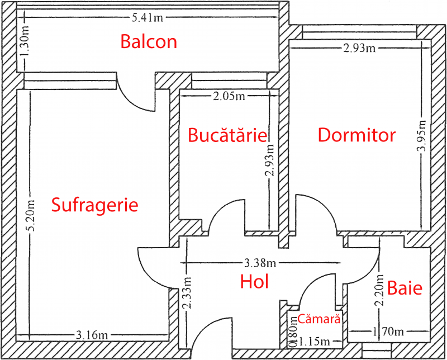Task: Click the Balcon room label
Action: tap(149, 42)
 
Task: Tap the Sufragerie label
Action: tap(94, 205)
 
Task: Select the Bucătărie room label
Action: tap(227, 135)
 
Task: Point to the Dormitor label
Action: tap(356, 135)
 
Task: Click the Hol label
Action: tap(254, 282)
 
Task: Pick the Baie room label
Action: tap(405, 288)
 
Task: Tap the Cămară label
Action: tap(319, 319)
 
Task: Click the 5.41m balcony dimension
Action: tap(148, 18)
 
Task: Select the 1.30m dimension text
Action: tap(25, 41)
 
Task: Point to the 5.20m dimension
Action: tap(31, 216)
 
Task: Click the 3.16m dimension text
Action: tap(92, 335)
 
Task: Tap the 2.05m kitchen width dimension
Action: tap(229, 96)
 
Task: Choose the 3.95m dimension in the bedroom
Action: tap(422, 136)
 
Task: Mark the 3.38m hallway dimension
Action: tap(260, 263)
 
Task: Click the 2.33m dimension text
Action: tap(187, 293)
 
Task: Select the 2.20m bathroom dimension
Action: tap(380, 290)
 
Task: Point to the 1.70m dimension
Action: tap(388, 331)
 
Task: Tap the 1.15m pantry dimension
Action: tap(314, 342)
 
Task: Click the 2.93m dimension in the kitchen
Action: tap(269, 160)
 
